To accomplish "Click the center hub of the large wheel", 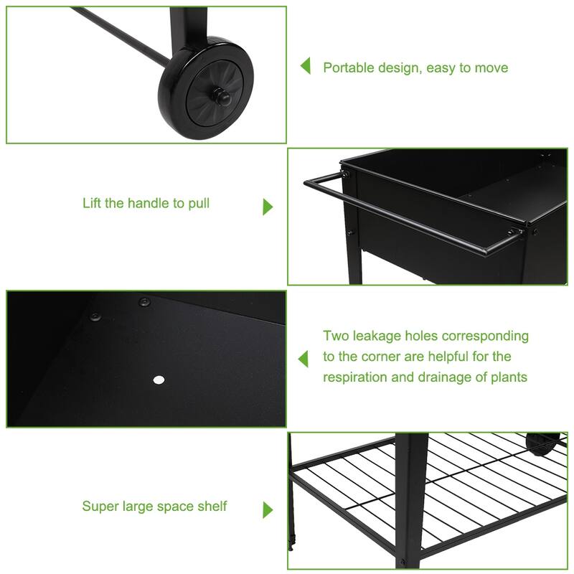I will (218, 95).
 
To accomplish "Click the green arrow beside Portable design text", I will (306, 67).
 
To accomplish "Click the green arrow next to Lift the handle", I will (268, 207).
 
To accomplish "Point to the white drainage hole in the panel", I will (159, 380).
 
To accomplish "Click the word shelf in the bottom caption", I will (212, 507).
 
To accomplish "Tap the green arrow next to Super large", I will (268, 510).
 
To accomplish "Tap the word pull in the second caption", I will (198, 203).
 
